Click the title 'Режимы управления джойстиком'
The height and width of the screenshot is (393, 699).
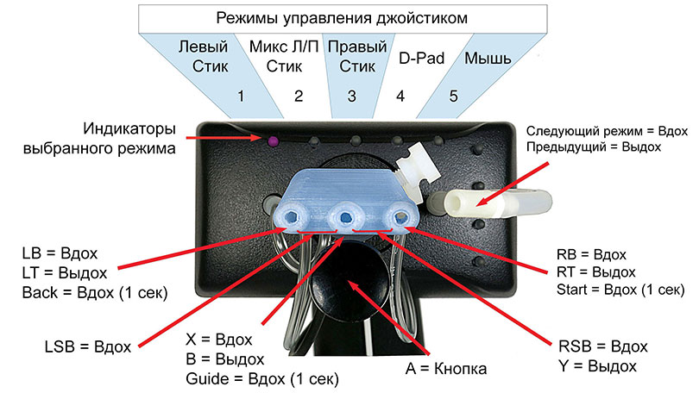click(343, 16)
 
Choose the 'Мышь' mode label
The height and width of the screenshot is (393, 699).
click(488, 59)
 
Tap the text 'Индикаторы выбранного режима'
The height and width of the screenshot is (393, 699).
click(129, 139)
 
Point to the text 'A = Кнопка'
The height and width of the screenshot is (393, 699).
click(446, 369)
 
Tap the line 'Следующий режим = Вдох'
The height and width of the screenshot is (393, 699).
click(606, 131)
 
